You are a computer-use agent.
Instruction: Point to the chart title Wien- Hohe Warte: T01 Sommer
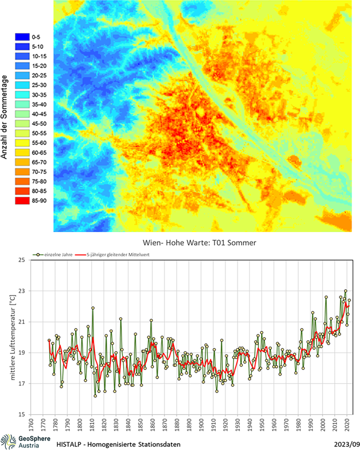[195, 243]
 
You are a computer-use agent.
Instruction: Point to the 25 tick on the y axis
[22, 260]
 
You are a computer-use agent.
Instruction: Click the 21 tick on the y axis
[22, 321]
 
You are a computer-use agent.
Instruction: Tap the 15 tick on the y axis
[22, 414]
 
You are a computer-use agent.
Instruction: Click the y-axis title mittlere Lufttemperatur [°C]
[9, 337]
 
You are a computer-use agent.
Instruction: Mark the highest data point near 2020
[345, 291]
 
